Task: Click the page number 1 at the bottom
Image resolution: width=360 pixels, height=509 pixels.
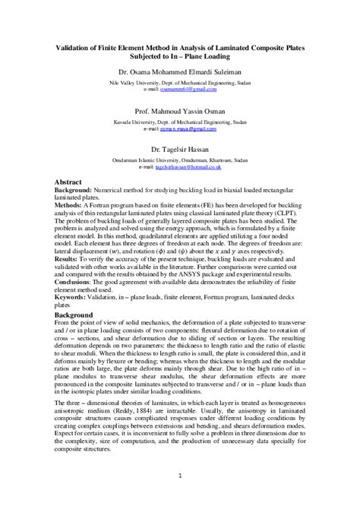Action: [x=180, y=476]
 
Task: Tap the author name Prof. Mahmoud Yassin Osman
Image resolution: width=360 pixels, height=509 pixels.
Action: [x=180, y=110]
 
